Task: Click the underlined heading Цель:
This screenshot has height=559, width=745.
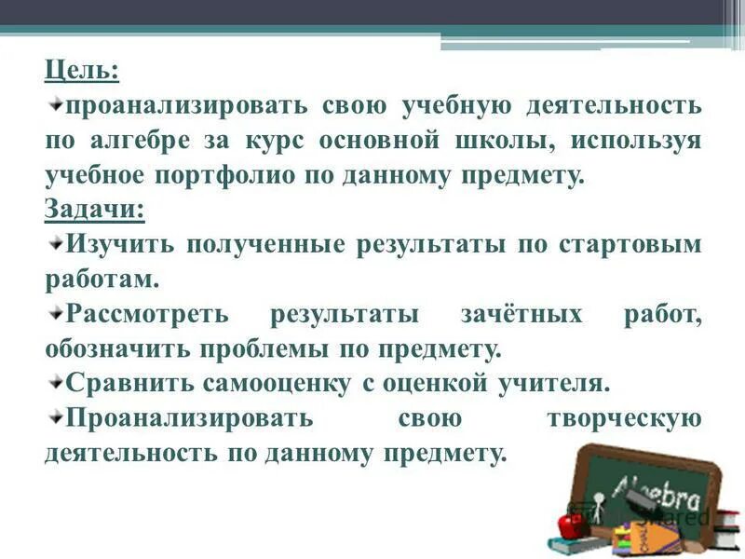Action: pyautogui.click(x=82, y=71)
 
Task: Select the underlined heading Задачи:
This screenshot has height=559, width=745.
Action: pyautogui.click(x=94, y=209)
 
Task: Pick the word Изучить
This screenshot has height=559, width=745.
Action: pyautogui.click(x=119, y=244)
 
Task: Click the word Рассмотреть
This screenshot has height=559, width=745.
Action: pyautogui.click(x=147, y=314)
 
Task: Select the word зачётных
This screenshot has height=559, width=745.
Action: pyautogui.click(x=521, y=314)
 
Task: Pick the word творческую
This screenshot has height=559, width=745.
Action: pyautogui.click(x=623, y=417)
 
